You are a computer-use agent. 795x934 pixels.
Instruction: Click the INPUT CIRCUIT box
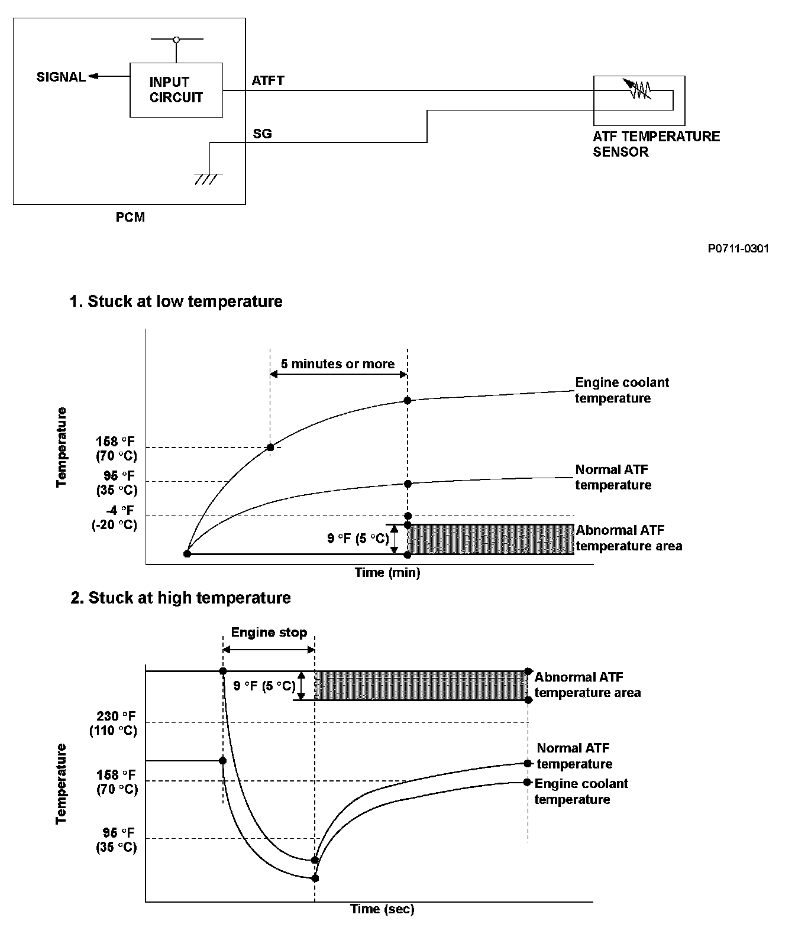click(x=176, y=90)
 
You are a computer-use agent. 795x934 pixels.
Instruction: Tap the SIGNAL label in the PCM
click(x=61, y=77)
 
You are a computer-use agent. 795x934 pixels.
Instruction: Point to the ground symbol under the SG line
click(x=209, y=179)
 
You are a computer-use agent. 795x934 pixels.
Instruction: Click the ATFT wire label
click(x=268, y=81)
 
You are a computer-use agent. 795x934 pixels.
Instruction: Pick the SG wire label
click(x=262, y=134)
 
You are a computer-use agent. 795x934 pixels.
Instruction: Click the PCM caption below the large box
click(x=130, y=217)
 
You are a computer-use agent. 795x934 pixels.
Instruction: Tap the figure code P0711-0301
click(x=738, y=249)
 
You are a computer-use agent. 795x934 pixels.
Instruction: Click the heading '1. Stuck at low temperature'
click(x=176, y=301)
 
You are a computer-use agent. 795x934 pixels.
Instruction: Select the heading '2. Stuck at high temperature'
click(x=181, y=598)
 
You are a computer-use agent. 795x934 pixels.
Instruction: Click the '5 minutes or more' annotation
click(x=338, y=364)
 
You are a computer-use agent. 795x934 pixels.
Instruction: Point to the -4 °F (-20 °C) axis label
click(x=115, y=517)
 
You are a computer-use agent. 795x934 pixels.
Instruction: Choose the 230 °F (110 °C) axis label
click(x=114, y=722)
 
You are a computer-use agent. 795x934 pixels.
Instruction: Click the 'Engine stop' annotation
click(x=269, y=633)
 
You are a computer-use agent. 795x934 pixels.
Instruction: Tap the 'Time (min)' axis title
click(x=387, y=572)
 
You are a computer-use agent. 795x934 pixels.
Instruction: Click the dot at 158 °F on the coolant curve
click(x=270, y=447)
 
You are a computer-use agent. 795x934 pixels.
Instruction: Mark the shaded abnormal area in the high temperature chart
click(x=420, y=686)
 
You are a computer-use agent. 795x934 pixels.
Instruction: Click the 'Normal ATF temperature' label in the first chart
click(x=613, y=477)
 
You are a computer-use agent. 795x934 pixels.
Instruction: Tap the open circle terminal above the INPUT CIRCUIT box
click(x=176, y=40)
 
